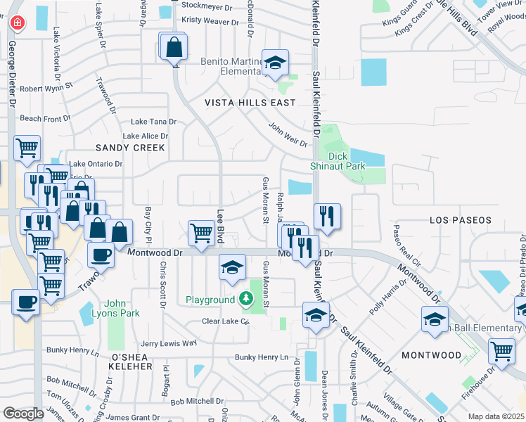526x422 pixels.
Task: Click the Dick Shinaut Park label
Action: pos(338,161)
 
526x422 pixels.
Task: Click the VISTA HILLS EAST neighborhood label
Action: pos(250,103)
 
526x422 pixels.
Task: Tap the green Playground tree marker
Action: pos(245,300)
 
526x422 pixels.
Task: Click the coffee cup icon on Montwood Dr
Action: pos(100,255)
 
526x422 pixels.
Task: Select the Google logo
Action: pos(23,413)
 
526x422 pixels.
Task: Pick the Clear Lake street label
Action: pos(226,321)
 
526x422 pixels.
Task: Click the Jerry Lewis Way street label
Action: pos(169,343)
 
